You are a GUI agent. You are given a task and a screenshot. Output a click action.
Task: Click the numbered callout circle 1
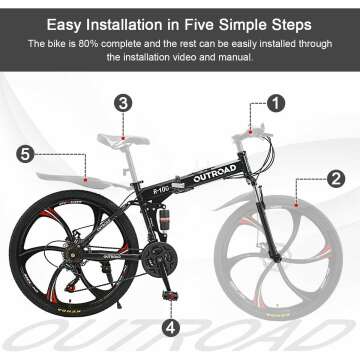click(276, 102)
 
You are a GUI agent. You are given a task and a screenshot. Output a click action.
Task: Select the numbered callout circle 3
click(123, 102)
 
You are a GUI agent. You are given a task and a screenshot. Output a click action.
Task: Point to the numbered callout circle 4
click(171, 326)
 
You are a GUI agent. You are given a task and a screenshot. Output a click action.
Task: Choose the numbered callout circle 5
click(27, 153)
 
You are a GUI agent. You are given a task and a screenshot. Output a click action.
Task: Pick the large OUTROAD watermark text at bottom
click(180, 342)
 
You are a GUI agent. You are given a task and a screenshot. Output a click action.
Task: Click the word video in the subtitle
click(219, 58)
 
